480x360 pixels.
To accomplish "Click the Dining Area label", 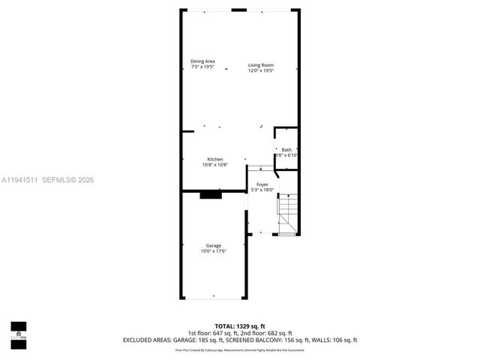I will coord(202,61).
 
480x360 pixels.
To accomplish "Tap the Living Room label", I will coord(262,65).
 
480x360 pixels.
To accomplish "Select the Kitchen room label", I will coord(215,159).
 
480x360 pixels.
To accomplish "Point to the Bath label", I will coord(286,149).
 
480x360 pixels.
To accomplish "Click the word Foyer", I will coord(262,184).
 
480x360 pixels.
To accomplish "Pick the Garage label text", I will coord(213,245).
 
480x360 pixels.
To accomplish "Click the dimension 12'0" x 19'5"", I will coord(262,71).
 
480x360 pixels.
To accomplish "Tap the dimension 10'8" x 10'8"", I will coord(215,165).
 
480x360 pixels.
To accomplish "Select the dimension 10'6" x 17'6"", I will coord(213,251).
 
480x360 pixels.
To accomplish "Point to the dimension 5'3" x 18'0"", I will coord(262,190).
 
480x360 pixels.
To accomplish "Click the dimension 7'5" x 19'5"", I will coord(202,67).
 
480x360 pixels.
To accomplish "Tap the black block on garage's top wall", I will coord(211,195).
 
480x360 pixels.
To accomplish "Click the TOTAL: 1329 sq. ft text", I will coord(239,326).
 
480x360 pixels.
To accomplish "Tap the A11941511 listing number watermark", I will coord(19,180).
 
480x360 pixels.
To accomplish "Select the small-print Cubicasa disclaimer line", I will coord(239,349).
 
